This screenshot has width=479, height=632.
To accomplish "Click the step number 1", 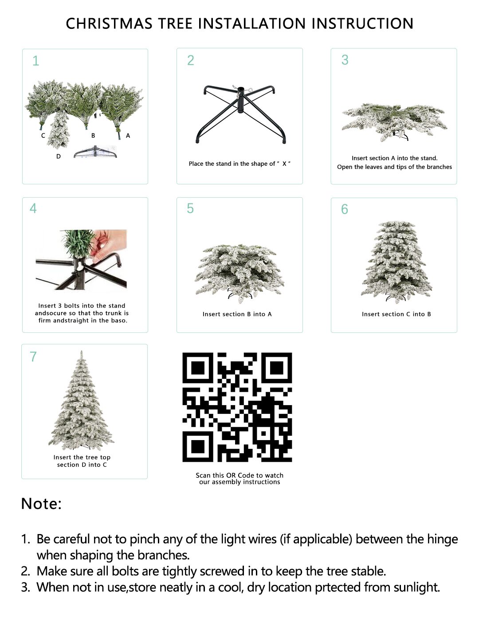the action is point(36,61).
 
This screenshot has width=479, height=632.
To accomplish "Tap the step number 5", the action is point(190,208).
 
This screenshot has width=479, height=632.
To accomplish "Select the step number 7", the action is point(33,356).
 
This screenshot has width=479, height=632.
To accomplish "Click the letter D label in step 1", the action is point(59,156).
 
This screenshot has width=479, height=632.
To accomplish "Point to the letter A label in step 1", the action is point(128,136).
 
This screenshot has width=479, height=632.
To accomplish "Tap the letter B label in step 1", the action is point(93,135).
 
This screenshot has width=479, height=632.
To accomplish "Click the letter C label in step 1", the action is point(43,135).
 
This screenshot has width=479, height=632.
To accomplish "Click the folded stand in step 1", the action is point(95,152).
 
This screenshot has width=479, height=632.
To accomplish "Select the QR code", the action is point(237,407).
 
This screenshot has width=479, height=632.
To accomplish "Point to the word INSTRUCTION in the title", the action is point(362,23).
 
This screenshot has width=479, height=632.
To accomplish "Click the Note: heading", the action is point(42,504).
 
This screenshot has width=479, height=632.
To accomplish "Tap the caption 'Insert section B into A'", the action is point(237,314).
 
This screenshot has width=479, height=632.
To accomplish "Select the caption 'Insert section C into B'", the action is point(397,314).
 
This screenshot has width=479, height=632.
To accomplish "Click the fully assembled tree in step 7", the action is point(81,400).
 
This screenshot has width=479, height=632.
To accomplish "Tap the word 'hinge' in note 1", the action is point(442,539).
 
